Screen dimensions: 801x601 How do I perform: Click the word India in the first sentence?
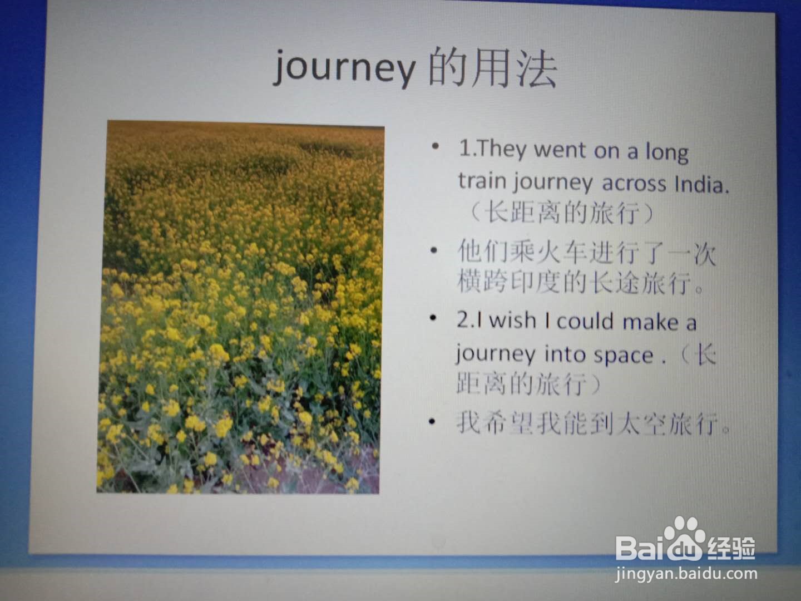[701, 184]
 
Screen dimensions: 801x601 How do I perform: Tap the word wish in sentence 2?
[512, 320]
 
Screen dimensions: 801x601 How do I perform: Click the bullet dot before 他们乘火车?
[434, 250]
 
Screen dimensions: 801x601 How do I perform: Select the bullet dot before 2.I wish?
[433, 318]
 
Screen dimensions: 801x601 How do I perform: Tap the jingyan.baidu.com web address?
[686, 574]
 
